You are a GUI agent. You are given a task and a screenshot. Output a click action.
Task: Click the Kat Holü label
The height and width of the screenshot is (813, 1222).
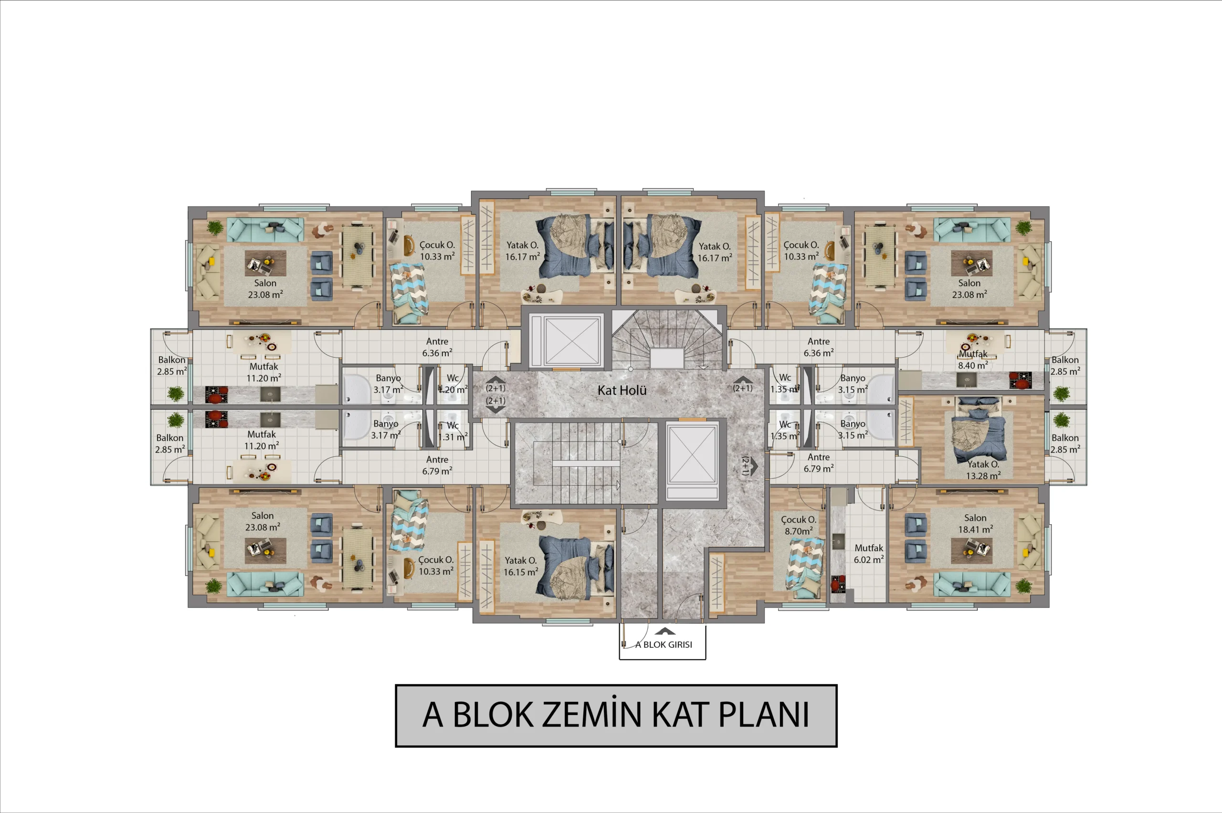pos(622,390)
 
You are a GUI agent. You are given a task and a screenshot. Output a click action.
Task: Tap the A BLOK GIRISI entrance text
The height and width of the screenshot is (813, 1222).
pos(664,644)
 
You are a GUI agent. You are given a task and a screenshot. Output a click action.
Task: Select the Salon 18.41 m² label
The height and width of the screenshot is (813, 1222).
pos(975,524)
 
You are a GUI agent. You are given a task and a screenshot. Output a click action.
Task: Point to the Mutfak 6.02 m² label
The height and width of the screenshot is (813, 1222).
pos(869,554)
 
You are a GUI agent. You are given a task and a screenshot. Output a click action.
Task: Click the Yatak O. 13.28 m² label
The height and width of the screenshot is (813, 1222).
pos(983,470)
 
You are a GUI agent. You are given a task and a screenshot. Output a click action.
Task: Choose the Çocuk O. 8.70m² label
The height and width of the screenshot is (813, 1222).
pos(799,525)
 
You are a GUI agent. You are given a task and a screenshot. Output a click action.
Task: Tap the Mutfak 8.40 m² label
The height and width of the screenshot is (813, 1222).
pos(973,359)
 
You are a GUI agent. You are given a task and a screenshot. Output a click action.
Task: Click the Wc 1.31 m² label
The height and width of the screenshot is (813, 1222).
pos(453,431)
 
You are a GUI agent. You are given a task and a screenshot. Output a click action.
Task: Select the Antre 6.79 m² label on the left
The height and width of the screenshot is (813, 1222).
pos(437,465)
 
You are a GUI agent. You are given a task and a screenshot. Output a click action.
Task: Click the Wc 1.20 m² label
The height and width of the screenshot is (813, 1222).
pos(453,384)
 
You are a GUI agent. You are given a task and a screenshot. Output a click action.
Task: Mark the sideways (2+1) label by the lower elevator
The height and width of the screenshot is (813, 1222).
pos(745,465)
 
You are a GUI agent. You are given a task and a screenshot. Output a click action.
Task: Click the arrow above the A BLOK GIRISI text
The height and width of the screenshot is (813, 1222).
pos(665,632)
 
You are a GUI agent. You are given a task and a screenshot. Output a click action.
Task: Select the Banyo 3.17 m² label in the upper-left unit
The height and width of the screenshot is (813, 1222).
pos(389,384)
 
